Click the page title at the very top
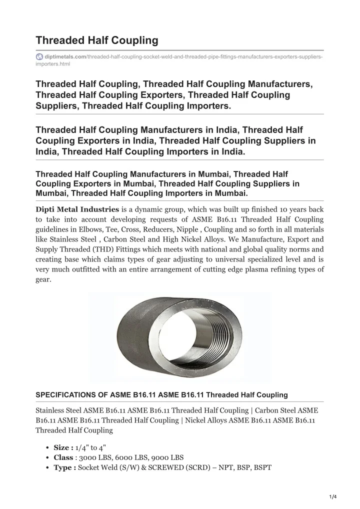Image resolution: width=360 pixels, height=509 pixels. (x=97, y=40)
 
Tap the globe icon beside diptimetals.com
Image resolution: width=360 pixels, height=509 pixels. (x=39, y=57)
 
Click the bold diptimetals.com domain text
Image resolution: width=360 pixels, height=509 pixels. (x=65, y=57)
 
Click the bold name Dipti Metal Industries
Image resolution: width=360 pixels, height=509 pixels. (x=77, y=209)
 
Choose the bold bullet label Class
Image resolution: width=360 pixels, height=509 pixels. (x=63, y=457)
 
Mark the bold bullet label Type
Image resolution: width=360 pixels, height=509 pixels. (x=64, y=467)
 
